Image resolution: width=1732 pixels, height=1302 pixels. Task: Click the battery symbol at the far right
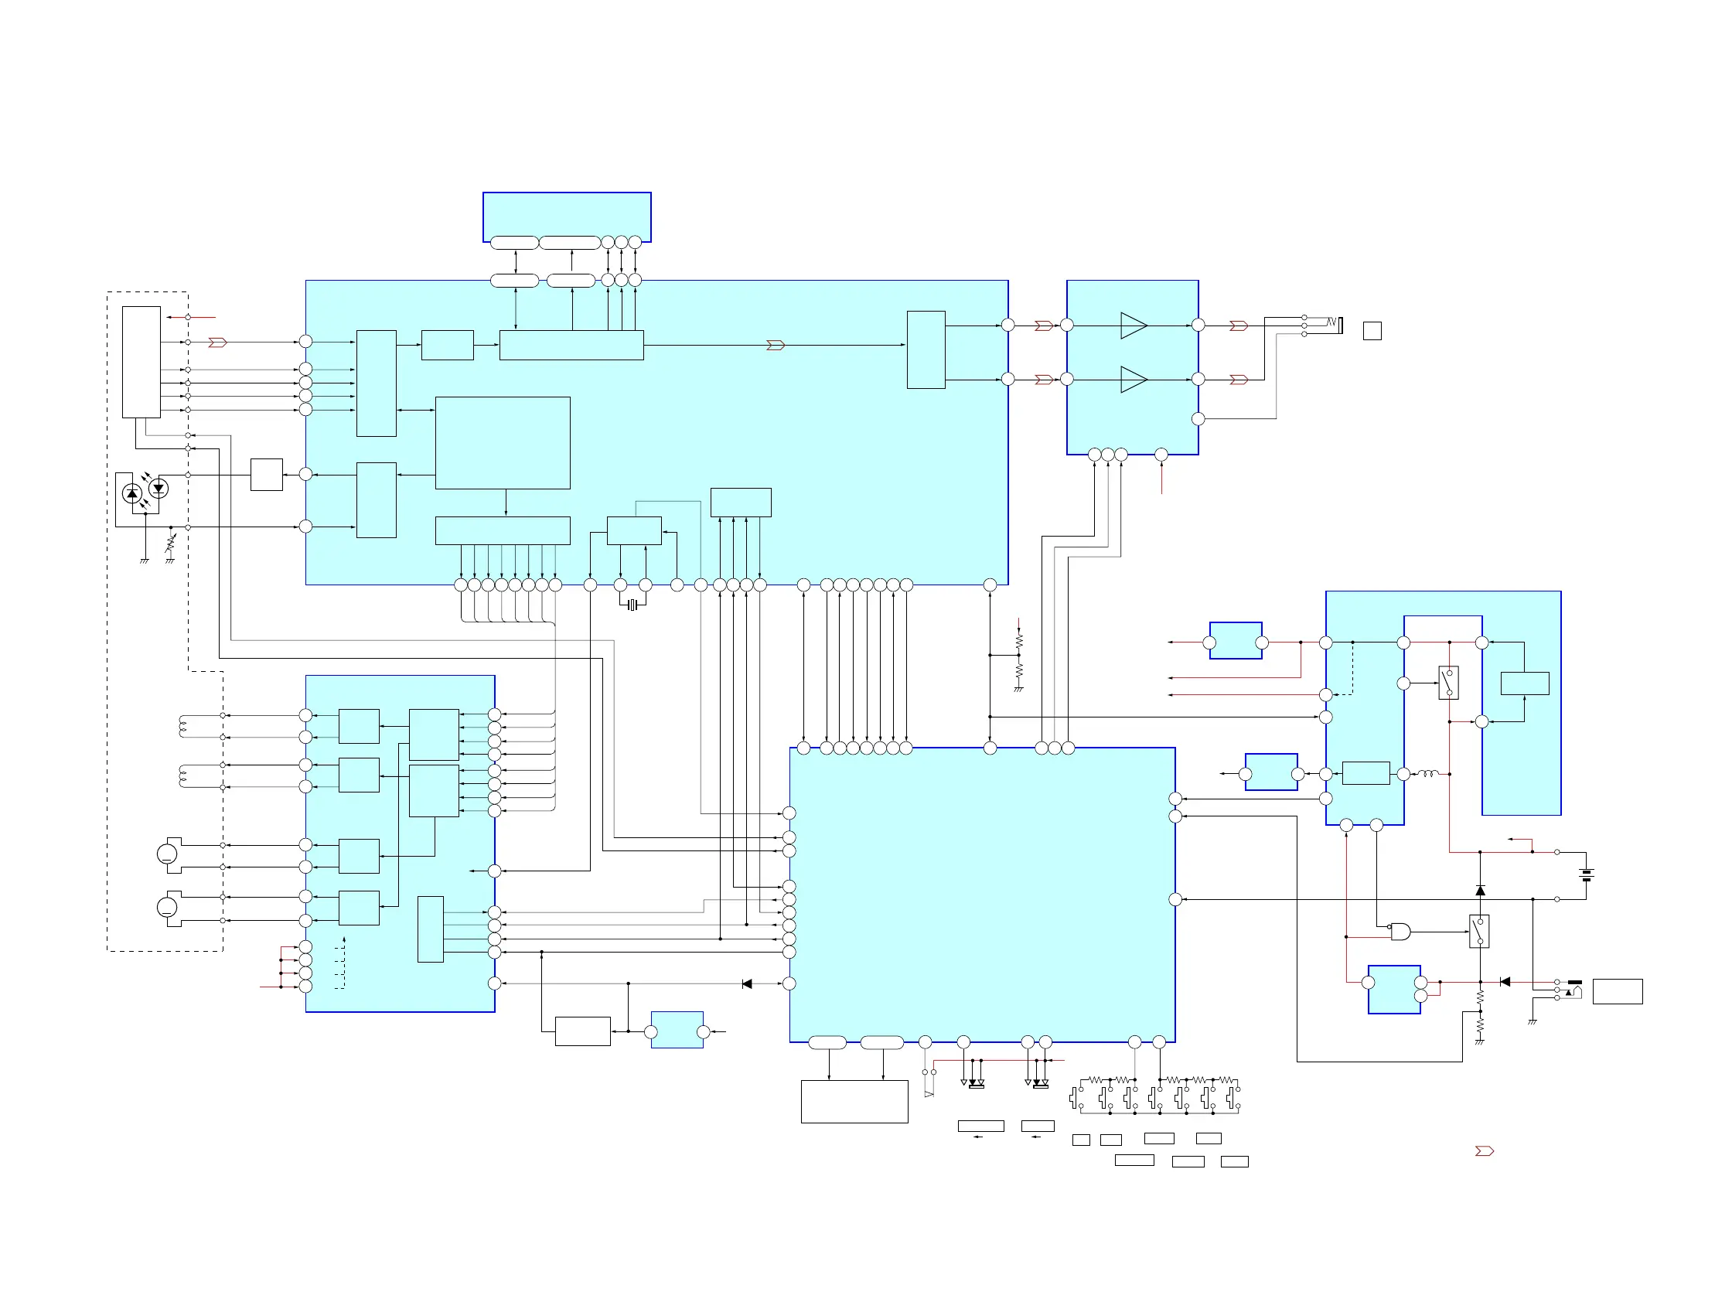[x=1587, y=875]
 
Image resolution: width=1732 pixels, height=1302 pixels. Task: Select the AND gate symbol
[x=1400, y=932]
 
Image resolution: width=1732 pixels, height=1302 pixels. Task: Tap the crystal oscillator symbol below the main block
[x=632, y=605]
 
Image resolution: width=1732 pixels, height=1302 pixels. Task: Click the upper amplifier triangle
[x=1133, y=325]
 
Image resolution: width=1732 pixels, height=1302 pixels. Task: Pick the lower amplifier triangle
[x=1133, y=380]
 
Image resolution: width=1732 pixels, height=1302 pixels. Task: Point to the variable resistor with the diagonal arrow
[x=171, y=543]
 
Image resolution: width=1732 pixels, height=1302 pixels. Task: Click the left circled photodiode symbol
[x=132, y=493]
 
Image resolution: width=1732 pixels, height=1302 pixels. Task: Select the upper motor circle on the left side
[x=167, y=854]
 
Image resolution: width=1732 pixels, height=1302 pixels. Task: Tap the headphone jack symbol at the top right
[x=1335, y=323]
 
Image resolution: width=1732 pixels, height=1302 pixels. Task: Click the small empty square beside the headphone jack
[x=1372, y=331]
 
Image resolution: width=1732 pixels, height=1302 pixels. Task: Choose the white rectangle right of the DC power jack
[x=1617, y=991]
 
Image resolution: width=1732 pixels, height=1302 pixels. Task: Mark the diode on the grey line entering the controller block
[x=747, y=984]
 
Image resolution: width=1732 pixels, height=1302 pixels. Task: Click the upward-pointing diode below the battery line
[x=1480, y=890]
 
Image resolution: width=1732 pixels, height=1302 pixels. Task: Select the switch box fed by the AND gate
[x=1479, y=932]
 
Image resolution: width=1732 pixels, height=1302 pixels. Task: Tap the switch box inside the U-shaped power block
[x=1448, y=683]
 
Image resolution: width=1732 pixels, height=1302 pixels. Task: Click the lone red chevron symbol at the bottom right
[x=1484, y=1151]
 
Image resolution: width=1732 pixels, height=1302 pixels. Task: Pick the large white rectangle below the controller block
[x=854, y=1102]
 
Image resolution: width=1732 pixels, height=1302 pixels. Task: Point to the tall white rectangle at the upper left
[x=141, y=362]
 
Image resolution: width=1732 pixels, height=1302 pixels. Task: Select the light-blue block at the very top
[x=567, y=216]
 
